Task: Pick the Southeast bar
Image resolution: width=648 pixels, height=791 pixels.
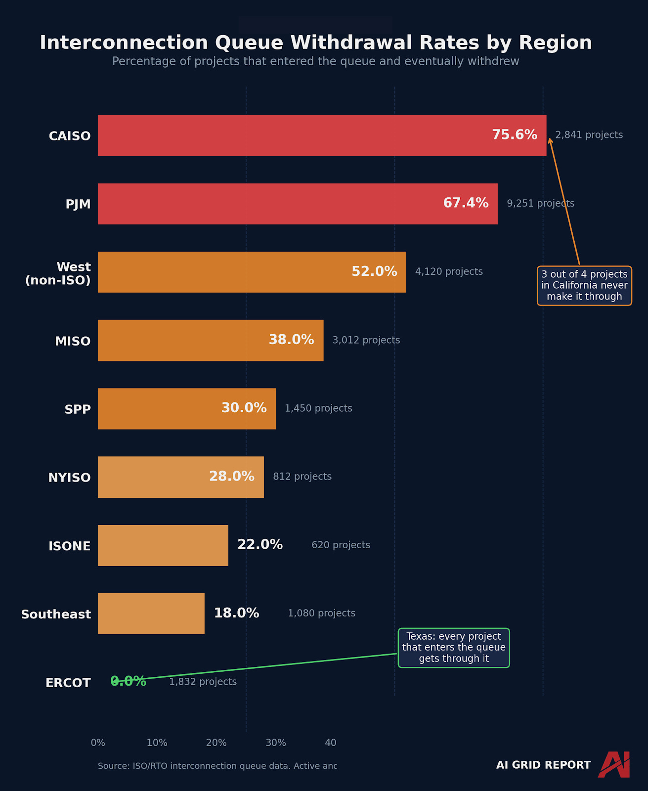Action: (x=151, y=614)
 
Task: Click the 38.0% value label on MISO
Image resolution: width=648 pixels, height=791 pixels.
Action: (x=291, y=340)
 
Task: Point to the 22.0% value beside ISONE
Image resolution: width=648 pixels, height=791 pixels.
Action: (x=260, y=545)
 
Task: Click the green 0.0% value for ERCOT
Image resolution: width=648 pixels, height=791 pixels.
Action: (x=129, y=681)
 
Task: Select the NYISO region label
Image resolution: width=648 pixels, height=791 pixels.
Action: (x=69, y=478)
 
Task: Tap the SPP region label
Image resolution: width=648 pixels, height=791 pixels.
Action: (x=78, y=409)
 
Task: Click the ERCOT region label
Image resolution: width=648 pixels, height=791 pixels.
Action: (x=68, y=683)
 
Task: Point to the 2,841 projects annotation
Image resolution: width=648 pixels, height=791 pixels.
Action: (x=589, y=135)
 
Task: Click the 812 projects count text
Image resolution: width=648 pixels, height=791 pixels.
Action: (x=302, y=477)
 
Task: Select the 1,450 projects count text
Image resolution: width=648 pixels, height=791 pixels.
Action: (x=318, y=408)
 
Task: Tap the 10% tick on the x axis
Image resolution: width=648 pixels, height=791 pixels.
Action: (x=157, y=743)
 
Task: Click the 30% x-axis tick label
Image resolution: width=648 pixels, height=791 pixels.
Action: (x=275, y=743)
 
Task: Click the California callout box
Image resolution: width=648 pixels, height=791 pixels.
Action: (x=584, y=286)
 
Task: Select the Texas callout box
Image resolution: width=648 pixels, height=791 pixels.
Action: (x=454, y=648)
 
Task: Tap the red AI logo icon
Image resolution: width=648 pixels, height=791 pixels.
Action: (x=614, y=764)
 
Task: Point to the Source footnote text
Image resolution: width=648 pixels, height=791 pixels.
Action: (x=217, y=766)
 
